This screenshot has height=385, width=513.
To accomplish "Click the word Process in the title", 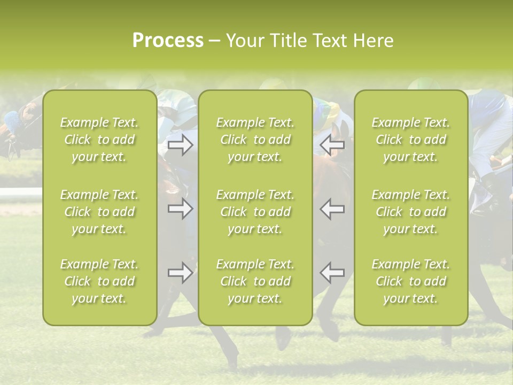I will (x=168, y=41).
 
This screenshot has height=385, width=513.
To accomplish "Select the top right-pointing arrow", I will (x=180, y=144).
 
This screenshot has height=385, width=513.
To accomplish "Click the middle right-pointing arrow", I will (x=180, y=209).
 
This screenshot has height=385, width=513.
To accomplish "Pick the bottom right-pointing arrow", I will (x=180, y=273).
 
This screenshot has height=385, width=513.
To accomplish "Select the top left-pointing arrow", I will (x=332, y=144).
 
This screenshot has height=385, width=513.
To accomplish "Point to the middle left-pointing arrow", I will (x=332, y=209).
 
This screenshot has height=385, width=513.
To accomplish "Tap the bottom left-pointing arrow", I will (x=332, y=273).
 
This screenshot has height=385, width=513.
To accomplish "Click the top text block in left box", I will (x=99, y=140).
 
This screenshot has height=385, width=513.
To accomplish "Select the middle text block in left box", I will (x=99, y=212).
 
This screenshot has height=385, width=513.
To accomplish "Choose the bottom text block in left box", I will (x=99, y=281).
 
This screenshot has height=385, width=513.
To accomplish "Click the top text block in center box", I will (x=255, y=140).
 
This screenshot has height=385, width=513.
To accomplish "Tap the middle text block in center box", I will (x=255, y=212).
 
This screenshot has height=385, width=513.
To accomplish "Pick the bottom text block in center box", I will (x=255, y=281).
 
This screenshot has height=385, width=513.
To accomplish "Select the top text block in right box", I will (x=411, y=140).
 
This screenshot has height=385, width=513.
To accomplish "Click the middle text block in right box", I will (x=411, y=212).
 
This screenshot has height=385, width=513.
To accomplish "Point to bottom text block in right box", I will (x=411, y=281).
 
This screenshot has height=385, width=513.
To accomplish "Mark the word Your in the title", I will (x=243, y=41).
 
